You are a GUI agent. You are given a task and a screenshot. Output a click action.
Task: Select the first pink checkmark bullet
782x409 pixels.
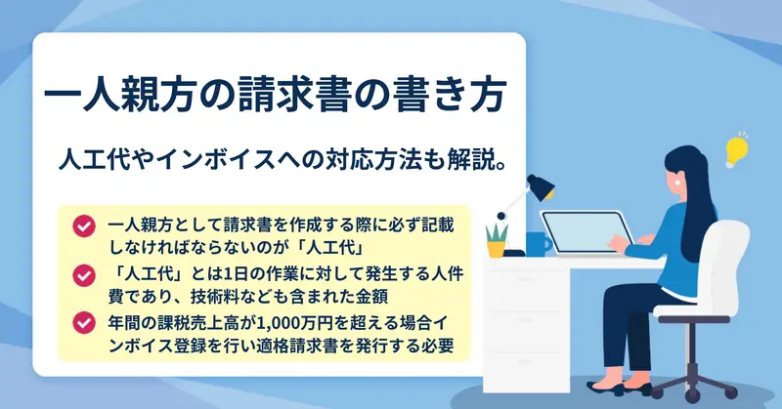click(x=84, y=226)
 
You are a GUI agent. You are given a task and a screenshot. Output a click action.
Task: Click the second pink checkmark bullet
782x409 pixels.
click(x=84, y=275)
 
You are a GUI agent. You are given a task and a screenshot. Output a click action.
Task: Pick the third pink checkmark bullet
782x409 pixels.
click(x=84, y=324)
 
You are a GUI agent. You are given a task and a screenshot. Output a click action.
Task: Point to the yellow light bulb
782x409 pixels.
click(x=736, y=150)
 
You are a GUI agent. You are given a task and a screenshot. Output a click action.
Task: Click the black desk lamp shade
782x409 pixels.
click(x=542, y=187)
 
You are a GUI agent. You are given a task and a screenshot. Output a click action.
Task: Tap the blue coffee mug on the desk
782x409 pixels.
click(x=539, y=244)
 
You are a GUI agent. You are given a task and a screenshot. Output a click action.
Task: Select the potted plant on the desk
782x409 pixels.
click(x=497, y=241)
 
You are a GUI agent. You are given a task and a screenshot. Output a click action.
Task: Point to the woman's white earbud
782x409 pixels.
click(x=678, y=184)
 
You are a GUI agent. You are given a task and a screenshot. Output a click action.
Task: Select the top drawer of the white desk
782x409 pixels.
click(x=527, y=280)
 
